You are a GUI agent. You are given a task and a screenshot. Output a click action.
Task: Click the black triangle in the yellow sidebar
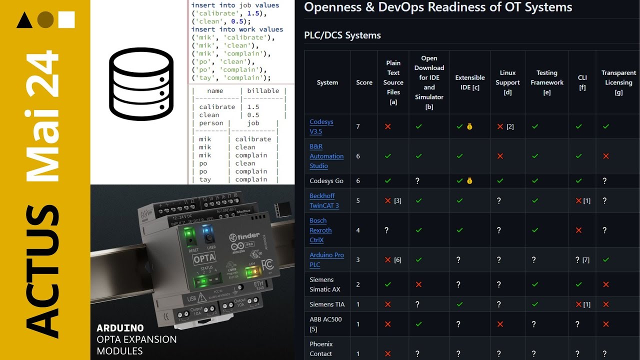coord(24,20)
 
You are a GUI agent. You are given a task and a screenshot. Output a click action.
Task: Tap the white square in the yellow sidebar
coord(66,19)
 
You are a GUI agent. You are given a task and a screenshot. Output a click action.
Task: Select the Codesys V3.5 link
coord(321,126)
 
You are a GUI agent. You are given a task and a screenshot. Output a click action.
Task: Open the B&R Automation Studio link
coord(326,156)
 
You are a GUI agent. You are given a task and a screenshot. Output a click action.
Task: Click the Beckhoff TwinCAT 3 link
coord(324,200)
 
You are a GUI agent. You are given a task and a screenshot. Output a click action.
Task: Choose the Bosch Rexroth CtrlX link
coord(320,230)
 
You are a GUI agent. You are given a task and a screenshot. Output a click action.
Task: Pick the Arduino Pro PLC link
coord(326,259)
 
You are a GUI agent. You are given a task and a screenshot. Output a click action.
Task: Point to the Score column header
coord(364,82)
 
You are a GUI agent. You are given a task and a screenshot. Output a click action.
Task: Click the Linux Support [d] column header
coord(507,82)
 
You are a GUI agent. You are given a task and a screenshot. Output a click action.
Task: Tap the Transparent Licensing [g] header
coord(618,82)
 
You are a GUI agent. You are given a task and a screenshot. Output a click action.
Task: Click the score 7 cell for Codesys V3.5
coord(358,126)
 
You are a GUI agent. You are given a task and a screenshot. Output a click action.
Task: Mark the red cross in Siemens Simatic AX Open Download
coord(419,284)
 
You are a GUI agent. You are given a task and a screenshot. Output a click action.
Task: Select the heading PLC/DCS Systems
coord(342,35)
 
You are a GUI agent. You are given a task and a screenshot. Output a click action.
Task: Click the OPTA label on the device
coord(204,258)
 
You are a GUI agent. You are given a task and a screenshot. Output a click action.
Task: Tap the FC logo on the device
coord(267,263)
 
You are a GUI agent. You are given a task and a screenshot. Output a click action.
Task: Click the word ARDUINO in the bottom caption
coord(120,328)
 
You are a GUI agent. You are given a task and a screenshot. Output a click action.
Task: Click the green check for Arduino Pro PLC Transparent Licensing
coord(606,260)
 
